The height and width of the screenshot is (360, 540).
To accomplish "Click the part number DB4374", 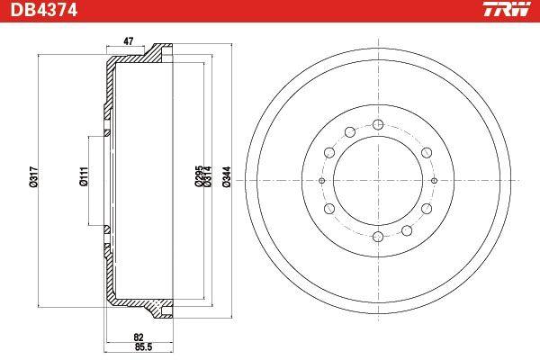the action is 43,10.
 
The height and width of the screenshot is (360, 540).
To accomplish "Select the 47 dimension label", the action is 128,41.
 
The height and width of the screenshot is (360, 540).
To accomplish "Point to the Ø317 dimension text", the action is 34,176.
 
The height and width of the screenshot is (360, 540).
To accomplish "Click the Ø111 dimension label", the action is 84,176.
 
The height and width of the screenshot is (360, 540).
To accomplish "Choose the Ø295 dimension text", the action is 199,176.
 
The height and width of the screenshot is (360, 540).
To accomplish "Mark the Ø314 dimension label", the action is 207,176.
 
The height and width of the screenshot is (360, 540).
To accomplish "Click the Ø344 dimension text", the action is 227,176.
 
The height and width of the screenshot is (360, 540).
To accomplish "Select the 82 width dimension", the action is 139,337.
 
